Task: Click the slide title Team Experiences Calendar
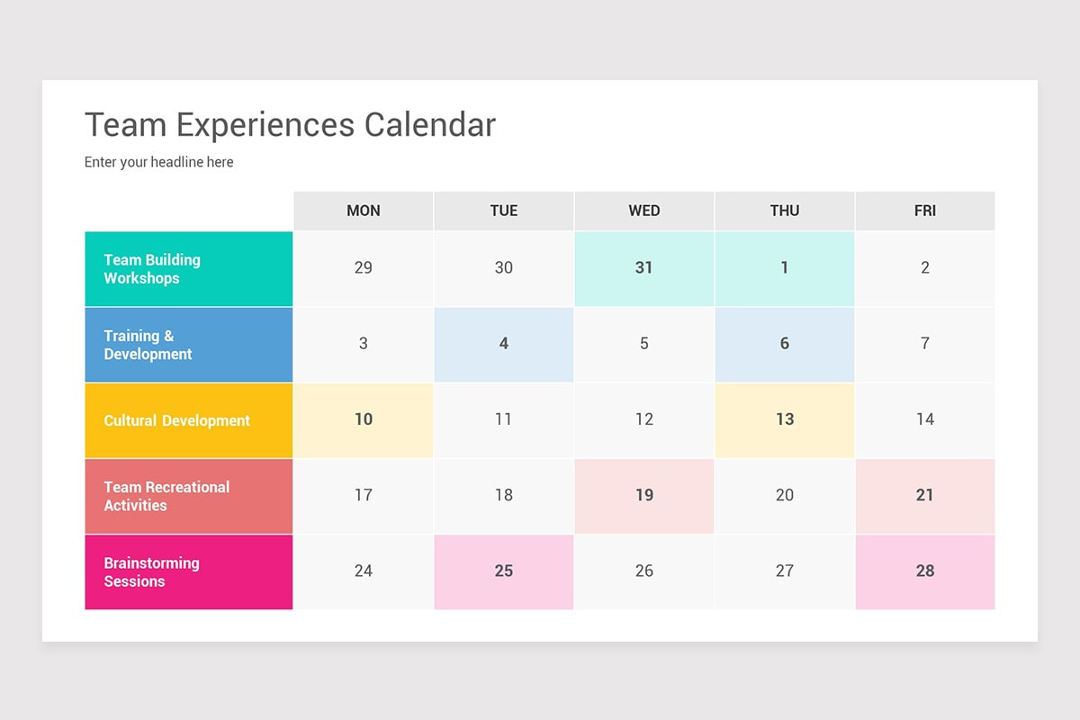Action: point(290,125)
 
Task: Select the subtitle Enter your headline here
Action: point(159,162)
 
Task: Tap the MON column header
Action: point(364,211)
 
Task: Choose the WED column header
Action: point(644,211)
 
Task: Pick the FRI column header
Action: point(925,211)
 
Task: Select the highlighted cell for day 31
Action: point(644,268)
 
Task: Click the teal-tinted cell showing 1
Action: point(785,268)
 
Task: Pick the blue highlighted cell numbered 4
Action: point(504,344)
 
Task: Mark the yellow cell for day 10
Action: point(364,419)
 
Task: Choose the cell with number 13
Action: point(785,419)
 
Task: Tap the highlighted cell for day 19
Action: point(644,495)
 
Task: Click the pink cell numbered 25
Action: point(504,571)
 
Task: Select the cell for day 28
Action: point(925,571)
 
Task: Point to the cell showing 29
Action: point(364,268)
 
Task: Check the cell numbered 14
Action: point(925,419)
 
